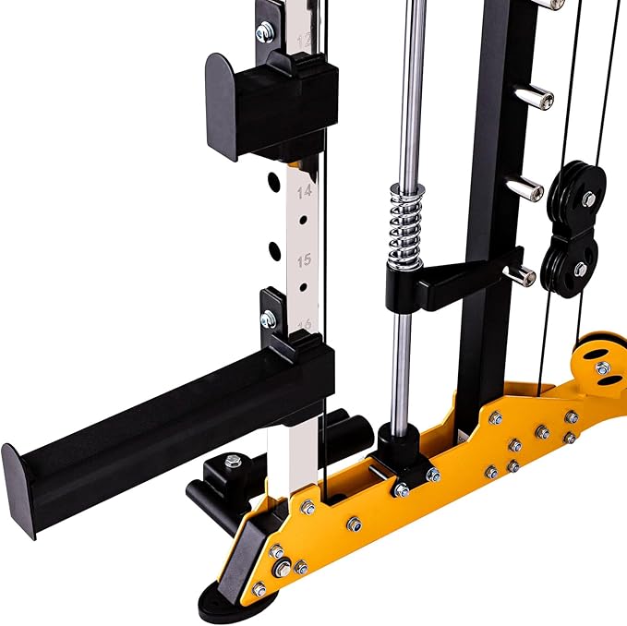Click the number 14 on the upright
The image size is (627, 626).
304,193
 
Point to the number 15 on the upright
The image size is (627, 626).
304,261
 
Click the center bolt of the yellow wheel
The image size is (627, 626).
602,367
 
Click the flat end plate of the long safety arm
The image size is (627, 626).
21,488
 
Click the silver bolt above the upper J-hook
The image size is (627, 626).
265,32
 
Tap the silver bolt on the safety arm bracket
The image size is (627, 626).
269,319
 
